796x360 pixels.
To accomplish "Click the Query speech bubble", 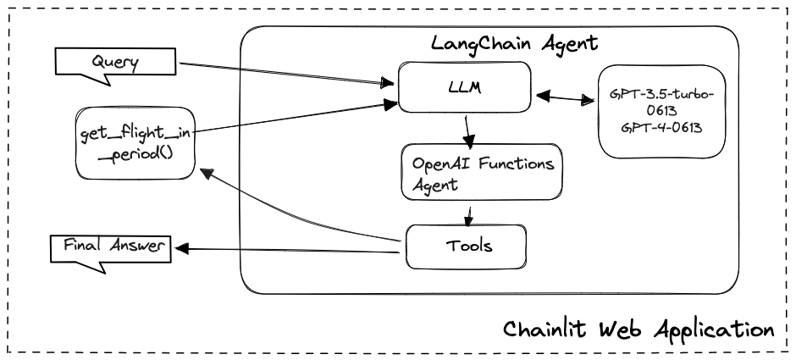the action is click(x=115, y=63).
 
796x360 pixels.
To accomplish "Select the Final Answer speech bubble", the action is click(x=111, y=249).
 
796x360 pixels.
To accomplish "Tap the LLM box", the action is click(x=465, y=87).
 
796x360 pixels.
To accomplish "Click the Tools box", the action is click(x=466, y=246).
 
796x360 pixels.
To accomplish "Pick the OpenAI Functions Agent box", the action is click(x=482, y=172).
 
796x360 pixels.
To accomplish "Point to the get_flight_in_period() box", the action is click(x=135, y=142).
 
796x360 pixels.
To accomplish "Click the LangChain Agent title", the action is click(x=515, y=43).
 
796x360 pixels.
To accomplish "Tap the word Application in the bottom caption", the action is click(x=714, y=331).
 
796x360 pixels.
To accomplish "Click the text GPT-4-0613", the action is click(x=661, y=127).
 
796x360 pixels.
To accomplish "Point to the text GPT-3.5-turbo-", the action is click(x=662, y=95).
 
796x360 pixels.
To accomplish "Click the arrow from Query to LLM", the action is click(x=287, y=73).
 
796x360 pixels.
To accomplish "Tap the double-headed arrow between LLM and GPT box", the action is click(x=565, y=98).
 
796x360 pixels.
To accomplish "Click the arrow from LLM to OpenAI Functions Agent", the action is click(x=468, y=130).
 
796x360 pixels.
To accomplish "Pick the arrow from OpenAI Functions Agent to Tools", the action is click(x=469, y=215).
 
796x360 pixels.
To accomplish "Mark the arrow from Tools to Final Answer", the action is click(x=287, y=250).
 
